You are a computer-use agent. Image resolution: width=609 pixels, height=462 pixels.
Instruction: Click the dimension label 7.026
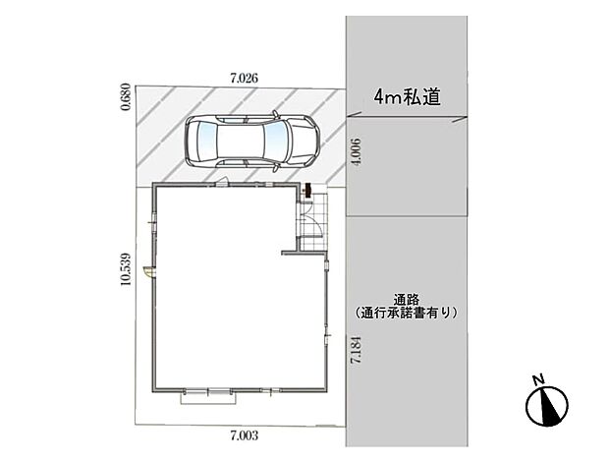(x=245, y=76)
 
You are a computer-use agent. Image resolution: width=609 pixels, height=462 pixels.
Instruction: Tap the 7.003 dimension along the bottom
(x=243, y=432)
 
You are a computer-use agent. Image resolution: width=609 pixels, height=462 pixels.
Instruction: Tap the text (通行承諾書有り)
(x=406, y=313)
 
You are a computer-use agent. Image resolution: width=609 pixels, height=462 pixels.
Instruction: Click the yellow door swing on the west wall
(x=147, y=270)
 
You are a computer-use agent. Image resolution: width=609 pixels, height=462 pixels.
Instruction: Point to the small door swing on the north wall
(x=223, y=181)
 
